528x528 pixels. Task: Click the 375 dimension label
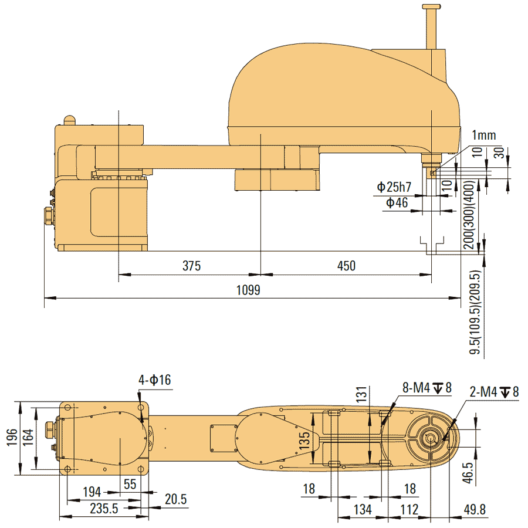point(191,266)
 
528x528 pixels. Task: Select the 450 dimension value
point(346,266)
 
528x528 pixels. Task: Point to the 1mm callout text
point(484,136)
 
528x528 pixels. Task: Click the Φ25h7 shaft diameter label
point(394,188)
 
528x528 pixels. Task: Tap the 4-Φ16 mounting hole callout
point(155,380)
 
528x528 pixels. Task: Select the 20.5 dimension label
point(175,499)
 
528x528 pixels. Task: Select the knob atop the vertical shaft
point(431,8)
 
